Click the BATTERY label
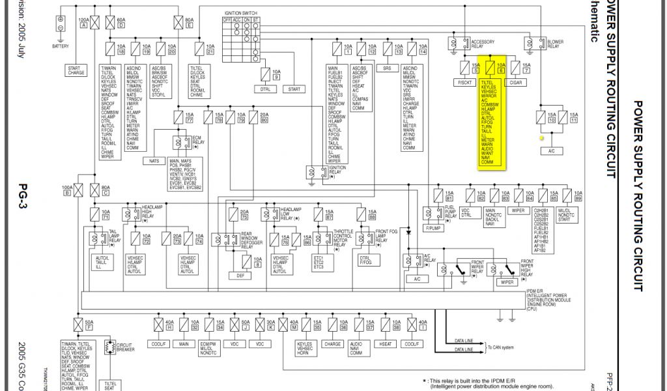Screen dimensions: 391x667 pyautogui.click(x=61, y=46)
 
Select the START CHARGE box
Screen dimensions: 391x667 pyautogui.click(x=76, y=70)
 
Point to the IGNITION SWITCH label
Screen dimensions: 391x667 pyautogui.click(x=242, y=12)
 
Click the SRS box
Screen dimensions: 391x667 pyautogui.click(x=387, y=68)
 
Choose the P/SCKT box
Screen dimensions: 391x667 pyautogui.click(x=465, y=83)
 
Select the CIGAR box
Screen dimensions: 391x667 pyautogui.click(x=516, y=83)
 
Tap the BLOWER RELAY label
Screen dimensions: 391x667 pyautogui.click(x=556, y=42)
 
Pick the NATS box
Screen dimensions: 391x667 pyautogui.click(x=154, y=160)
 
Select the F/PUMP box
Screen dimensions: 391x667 pyautogui.click(x=433, y=229)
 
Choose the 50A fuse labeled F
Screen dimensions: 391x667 pyautogui.click(x=79, y=324)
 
